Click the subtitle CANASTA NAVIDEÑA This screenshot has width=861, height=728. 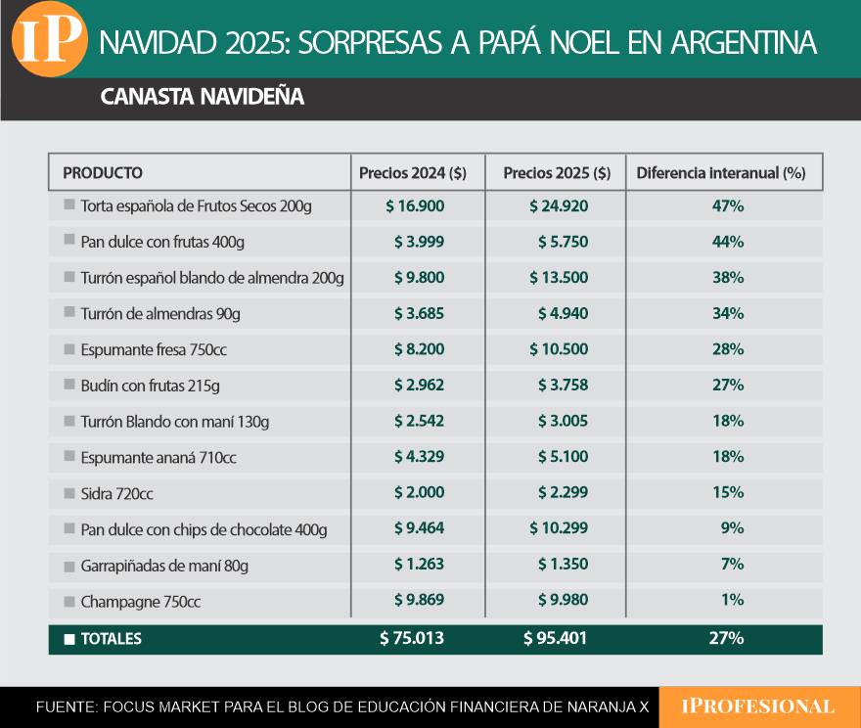pos(202,97)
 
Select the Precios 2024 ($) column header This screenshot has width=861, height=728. pos(413,173)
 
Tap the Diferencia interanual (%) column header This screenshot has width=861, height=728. pos(721,173)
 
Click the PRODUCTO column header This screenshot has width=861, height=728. pos(103,173)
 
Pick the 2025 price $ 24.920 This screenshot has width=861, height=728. pos(559,206)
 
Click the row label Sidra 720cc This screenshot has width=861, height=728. pos(116,493)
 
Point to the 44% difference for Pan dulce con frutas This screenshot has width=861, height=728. pos(728,242)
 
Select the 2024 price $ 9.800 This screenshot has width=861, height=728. pos(419,277)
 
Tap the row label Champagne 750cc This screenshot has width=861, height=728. pos(140,601)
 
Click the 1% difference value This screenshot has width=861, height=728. pos(733,600)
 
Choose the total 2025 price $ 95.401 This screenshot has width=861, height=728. pos(556,639)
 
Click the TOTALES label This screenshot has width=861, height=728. pos(111,639)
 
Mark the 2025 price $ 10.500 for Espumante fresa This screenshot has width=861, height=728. pos(559,349)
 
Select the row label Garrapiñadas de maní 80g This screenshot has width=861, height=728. pos(164,565)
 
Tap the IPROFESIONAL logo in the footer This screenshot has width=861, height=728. pos(759,706)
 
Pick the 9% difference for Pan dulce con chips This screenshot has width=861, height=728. pos(732,528)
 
